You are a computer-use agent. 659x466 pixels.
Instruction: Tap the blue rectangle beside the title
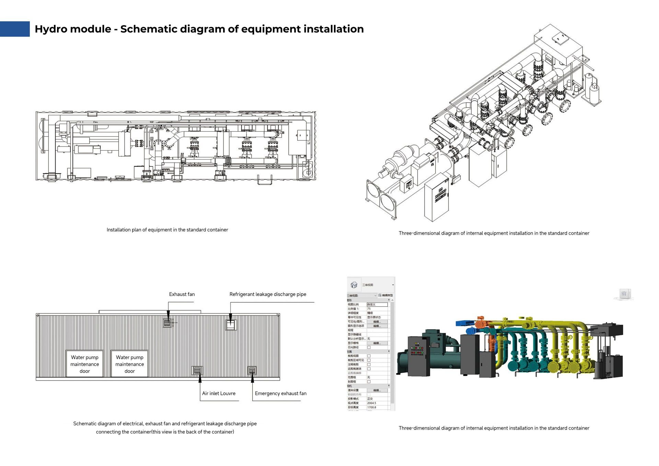15,29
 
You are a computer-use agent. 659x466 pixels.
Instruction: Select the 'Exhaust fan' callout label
182,294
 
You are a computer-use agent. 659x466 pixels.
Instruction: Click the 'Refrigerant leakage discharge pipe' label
268,294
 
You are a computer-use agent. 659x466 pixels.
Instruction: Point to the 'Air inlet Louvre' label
219,393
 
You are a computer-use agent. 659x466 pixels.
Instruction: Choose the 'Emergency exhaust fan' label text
280,393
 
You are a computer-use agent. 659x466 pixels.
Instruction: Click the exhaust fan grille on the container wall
167,323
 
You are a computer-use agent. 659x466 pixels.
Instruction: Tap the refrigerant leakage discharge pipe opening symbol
231,325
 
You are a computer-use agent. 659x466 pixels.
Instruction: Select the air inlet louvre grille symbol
197,370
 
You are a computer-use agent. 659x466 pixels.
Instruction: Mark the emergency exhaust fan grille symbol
252,370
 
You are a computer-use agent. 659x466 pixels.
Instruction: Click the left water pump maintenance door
85,364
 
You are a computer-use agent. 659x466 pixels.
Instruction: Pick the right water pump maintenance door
129,364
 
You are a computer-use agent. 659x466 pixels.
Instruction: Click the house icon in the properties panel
354,285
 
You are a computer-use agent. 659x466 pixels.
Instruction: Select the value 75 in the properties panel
369,309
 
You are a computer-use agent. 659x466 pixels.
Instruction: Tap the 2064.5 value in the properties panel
372,403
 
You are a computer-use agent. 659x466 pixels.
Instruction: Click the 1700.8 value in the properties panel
372,407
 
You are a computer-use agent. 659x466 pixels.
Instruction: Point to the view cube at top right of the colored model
624,294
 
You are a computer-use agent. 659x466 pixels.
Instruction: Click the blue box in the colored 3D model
465,323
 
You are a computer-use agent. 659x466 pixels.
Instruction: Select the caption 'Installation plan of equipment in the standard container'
167,230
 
